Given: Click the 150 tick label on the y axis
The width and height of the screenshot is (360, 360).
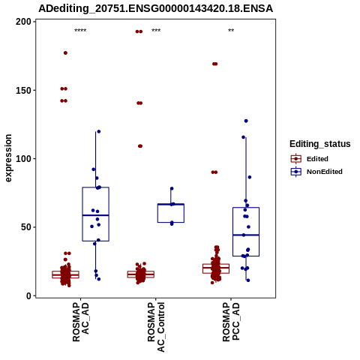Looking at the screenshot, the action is click(x=24, y=90).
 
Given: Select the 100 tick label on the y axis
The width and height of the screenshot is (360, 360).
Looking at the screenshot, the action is click(x=24, y=159).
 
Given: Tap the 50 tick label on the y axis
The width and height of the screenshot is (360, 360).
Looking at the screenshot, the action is click(x=26, y=227).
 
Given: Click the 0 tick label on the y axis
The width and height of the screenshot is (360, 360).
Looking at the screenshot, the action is click(x=29, y=295).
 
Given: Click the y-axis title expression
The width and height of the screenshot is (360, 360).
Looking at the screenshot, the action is click(x=8, y=158).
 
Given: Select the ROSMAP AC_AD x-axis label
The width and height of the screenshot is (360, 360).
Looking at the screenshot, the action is click(x=80, y=322).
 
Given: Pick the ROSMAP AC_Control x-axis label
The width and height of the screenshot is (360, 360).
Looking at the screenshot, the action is click(x=156, y=327).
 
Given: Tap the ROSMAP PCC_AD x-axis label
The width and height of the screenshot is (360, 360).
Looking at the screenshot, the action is click(x=231, y=322).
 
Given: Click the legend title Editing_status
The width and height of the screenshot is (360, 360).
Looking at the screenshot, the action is click(x=320, y=144).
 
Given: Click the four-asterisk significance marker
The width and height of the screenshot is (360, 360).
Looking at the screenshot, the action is click(x=80, y=31).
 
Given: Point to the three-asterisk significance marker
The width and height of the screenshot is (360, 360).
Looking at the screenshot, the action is click(x=156, y=31).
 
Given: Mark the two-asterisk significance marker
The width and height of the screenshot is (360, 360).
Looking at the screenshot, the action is click(x=231, y=31).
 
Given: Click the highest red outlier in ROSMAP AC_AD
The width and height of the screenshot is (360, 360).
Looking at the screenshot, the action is click(x=65, y=53).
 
